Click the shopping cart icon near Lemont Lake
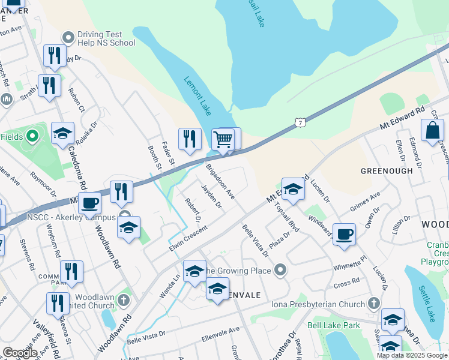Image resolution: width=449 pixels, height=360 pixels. pyautogui.click(x=223, y=139)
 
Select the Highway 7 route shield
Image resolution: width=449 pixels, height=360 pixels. pyautogui.click(x=300, y=122)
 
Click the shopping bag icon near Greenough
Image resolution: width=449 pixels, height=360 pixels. pyautogui.click(x=432, y=130)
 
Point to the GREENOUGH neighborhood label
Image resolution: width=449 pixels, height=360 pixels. pyautogui.click(x=387, y=171)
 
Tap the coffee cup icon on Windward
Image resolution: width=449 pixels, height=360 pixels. pyautogui.click(x=345, y=234)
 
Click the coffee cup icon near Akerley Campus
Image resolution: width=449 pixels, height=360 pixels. pyautogui.click(x=89, y=203)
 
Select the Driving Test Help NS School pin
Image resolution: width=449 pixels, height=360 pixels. pyautogui.click(x=68, y=38)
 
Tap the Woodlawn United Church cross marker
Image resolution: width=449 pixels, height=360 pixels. pyautogui.click(x=124, y=299)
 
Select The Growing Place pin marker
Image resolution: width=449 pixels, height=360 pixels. pyautogui.click(x=280, y=271)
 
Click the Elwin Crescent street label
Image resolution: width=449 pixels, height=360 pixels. pyautogui.click(x=188, y=238)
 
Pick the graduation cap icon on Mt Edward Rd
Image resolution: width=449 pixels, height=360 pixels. pyautogui.click(x=292, y=189)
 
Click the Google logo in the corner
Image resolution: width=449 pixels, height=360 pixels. pyautogui.click(x=20, y=353)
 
